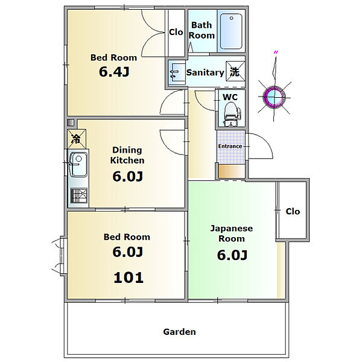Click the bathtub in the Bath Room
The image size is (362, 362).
[x=231, y=31]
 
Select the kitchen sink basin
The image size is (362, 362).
[x=78, y=164]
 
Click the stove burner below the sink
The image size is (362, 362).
[x=79, y=195]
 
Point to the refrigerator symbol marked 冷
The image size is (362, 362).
[x=77, y=139]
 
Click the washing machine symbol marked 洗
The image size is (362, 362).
[x=235, y=71]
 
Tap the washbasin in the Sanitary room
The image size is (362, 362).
[x=177, y=73]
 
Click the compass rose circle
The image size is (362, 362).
[x=274, y=96]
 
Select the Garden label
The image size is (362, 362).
[x=179, y=332]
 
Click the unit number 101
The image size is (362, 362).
[x=129, y=278]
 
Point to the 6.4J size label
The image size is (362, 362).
[x=114, y=72]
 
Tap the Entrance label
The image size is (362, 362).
[x=230, y=146]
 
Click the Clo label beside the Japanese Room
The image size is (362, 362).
[x=293, y=211]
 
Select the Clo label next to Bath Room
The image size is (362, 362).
[x=176, y=32]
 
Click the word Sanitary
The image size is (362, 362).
[x=205, y=73]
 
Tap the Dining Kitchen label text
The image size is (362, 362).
[x=127, y=155]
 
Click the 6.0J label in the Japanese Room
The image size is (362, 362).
[x=232, y=255]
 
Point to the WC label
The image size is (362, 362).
[x=230, y=97]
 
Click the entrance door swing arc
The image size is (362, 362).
[x=265, y=141]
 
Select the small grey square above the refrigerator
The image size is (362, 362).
[x=71, y=122]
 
